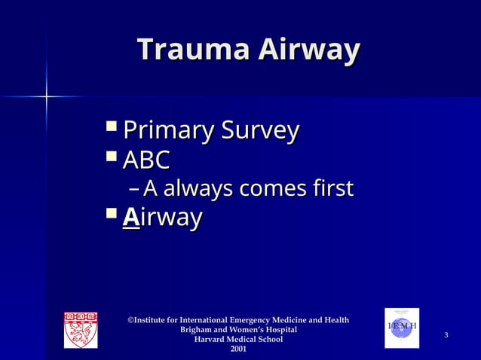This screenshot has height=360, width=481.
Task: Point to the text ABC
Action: [146, 160]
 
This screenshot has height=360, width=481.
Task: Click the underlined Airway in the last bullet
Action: [162, 218]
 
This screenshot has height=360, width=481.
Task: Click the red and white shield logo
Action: [81, 329]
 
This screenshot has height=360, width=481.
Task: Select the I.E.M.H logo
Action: [402, 328]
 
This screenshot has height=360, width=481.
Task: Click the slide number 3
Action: [446, 334]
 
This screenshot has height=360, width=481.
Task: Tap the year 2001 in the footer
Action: [238, 349]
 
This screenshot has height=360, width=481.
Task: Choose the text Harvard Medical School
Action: [238, 340]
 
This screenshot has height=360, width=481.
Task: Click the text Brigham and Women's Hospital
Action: [238, 330]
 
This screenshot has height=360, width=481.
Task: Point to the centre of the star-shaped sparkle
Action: [47, 97]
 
